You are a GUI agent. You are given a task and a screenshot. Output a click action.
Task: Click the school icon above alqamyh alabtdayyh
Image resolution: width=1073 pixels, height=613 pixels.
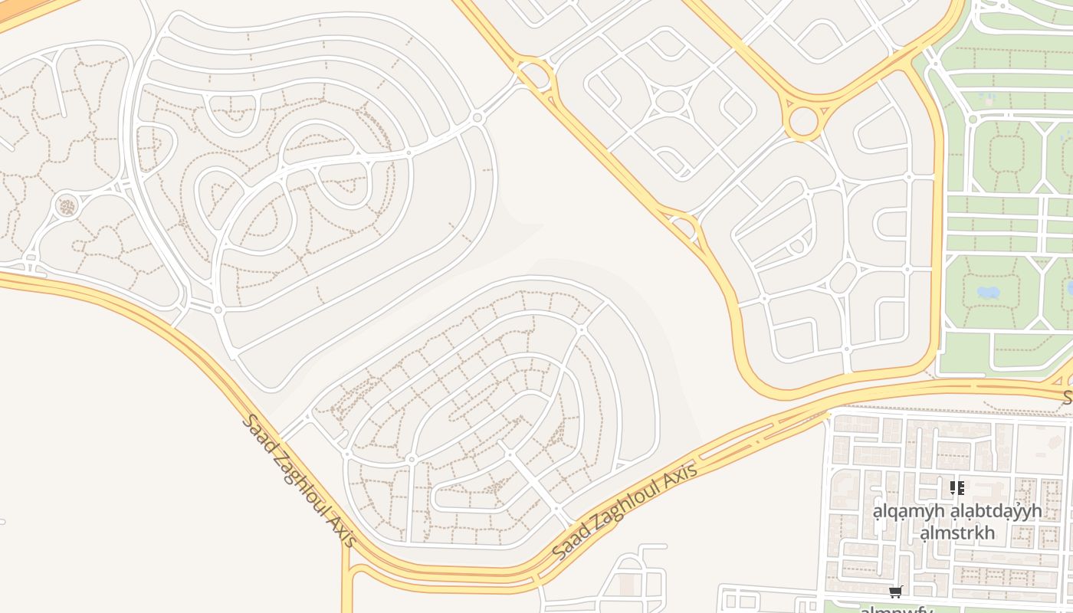pyautogui.click(x=957, y=487)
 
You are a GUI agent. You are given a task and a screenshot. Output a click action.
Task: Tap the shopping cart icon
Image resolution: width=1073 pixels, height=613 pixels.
pyautogui.click(x=895, y=592)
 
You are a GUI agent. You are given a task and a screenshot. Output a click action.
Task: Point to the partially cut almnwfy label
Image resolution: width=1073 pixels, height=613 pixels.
pyautogui.click(x=895, y=609)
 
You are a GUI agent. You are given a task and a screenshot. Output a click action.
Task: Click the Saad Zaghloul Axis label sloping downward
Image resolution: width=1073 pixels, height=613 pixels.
pyautogui.click(x=300, y=480)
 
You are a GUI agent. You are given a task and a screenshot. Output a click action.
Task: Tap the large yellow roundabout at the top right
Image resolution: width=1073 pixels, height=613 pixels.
pyautogui.click(x=803, y=121)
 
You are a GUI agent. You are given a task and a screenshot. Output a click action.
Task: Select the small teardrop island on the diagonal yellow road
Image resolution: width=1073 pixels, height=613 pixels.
pyautogui.click(x=682, y=228)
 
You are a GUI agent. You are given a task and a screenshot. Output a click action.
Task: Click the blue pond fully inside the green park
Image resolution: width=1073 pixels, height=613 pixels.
pyautogui.click(x=988, y=292)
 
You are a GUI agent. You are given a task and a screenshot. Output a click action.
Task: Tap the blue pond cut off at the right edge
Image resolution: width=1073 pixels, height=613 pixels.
pyautogui.click(x=1070, y=288)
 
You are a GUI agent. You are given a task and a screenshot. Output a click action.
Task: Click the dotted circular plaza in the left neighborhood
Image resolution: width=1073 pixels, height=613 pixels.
pyautogui.click(x=67, y=206)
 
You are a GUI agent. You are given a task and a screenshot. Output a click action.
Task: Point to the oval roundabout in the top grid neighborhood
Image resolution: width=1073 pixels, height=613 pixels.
pyautogui.click(x=670, y=100)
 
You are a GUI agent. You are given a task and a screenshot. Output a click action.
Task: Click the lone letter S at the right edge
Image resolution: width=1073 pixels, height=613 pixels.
pyautogui.click(x=1067, y=397)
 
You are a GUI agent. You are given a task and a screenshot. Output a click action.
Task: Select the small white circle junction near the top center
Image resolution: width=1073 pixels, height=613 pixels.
pyautogui.click(x=477, y=117)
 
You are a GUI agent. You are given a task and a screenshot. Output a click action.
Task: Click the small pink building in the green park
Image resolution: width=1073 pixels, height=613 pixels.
pyautogui.click(x=988, y=99)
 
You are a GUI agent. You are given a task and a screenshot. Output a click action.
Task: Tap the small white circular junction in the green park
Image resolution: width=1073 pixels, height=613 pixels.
pyautogui.click(x=973, y=119)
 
